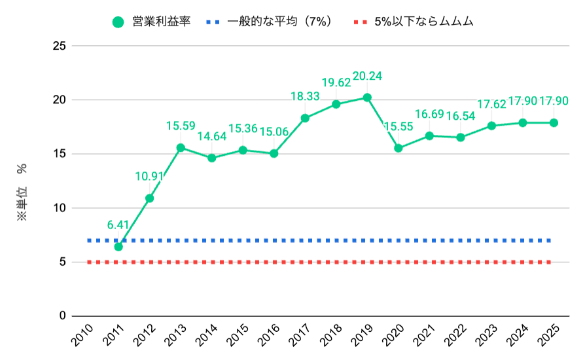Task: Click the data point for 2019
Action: (x=367, y=98)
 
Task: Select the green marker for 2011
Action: (x=118, y=247)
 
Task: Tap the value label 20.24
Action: (x=366, y=76)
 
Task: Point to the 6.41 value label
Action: (x=118, y=225)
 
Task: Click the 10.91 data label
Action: (x=150, y=176)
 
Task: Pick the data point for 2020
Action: (x=398, y=148)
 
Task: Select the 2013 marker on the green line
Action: (x=181, y=147)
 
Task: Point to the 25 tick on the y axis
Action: (x=60, y=46)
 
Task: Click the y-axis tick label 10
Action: (x=60, y=208)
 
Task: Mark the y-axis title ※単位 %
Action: (x=22, y=191)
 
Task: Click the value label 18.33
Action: (x=305, y=96)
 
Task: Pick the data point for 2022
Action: (x=460, y=137)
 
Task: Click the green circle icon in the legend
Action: (x=118, y=22)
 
